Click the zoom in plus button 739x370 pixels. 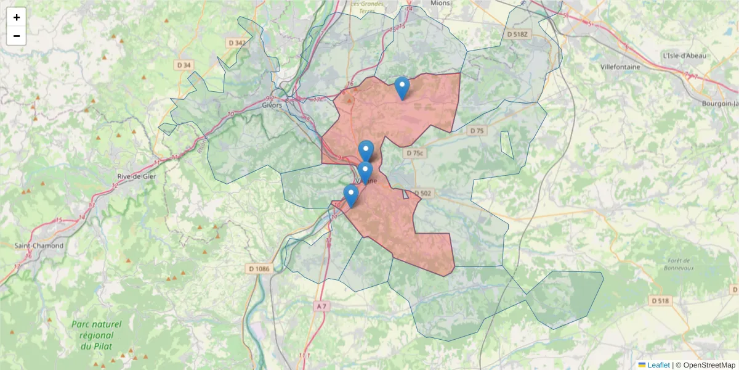coord(17,17)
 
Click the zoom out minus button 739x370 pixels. coord(17,36)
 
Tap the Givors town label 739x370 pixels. coord(272,105)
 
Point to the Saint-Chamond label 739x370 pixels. coord(39,245)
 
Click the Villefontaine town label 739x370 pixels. coord(620,67)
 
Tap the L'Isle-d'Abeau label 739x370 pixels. coord(684,55)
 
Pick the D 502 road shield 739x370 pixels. coord(423,193)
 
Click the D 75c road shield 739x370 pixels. coord(416,152)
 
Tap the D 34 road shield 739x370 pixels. coord(184,65)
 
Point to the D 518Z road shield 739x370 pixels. coord(518,35)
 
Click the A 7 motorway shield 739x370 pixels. coord(321,306)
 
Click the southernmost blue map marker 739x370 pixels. coord(351,196)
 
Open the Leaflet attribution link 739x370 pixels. coord(658,365)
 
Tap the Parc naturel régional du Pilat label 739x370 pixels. coord(96,335)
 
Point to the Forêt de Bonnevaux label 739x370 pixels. coord(679,264)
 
